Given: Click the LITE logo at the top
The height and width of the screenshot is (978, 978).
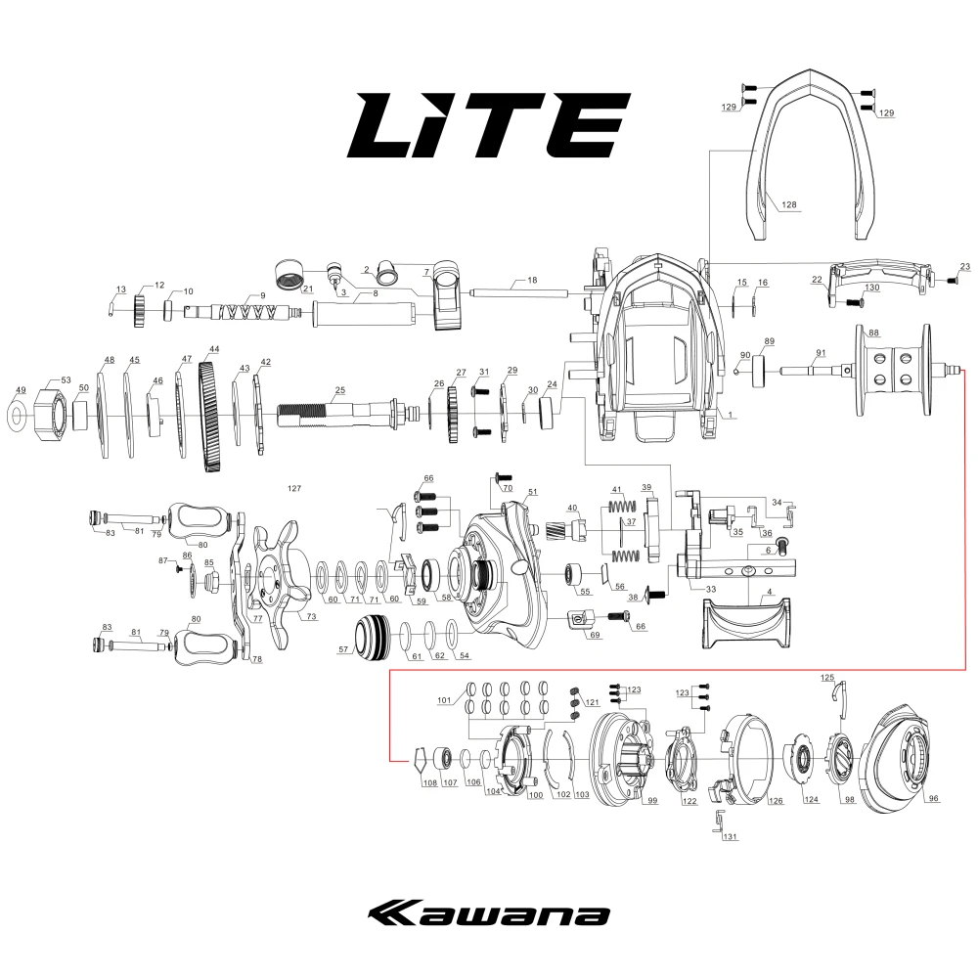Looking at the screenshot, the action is [488, 125].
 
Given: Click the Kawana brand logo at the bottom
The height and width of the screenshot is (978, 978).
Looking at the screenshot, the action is [488, 914].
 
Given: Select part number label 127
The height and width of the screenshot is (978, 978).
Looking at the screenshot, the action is [294, 488].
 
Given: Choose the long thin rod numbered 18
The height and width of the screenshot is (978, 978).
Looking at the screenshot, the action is [519, 291].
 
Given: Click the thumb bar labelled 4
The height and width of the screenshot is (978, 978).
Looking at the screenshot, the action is [746, 623].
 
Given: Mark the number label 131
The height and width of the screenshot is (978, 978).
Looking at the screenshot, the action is [730, 837].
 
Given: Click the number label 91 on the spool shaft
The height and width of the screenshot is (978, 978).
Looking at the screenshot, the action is [821, 352].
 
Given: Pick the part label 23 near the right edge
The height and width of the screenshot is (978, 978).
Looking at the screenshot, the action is [965, 266].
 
